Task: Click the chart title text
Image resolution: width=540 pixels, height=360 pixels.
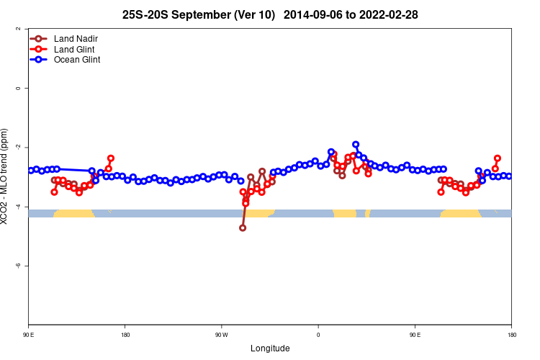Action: coord(270,14)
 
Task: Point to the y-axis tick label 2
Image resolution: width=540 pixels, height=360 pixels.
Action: coord(17,29)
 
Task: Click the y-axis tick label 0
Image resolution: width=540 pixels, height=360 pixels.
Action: coord(17,88)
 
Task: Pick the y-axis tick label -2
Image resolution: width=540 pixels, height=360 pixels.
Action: coord(17,147)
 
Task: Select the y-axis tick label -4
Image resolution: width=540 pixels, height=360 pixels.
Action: coord(17,207)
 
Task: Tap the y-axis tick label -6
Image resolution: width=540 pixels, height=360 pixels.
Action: coord(17,266)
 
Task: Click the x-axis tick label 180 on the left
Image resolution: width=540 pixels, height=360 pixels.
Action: coord(125,335)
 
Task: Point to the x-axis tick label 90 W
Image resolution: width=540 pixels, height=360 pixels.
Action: coord(221,335)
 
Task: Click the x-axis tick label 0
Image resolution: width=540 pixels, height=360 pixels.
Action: coord(318,335)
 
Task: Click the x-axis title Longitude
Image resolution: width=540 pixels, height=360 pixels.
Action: coord(270,348)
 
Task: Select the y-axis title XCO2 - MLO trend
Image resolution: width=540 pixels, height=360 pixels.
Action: coord(6,176)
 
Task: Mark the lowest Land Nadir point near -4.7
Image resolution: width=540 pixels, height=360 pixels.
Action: coord(243,228)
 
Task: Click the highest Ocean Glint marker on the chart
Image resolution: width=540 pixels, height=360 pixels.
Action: coord(356,145)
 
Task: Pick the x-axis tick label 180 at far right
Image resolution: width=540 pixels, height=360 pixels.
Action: coord(511,335)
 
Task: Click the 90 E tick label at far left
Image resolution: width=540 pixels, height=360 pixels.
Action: coord(29,335)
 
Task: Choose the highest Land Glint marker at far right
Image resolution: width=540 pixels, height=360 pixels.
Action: coord(498,158)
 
